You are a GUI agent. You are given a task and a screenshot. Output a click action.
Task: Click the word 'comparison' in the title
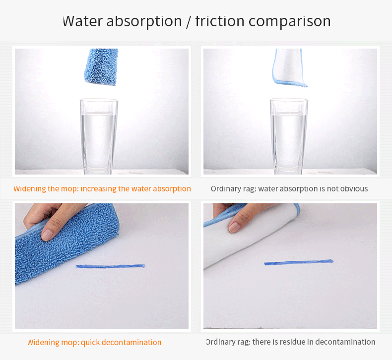289,22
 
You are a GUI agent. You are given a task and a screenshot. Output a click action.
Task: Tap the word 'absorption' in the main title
144,22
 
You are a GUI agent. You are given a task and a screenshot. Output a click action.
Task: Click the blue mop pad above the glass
101,67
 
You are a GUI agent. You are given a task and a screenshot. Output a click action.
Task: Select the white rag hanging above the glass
289,67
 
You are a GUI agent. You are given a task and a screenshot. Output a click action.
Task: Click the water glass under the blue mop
99,136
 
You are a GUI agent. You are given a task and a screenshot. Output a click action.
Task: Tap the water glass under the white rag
289,136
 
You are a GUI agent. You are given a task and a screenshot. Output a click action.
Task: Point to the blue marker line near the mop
110,266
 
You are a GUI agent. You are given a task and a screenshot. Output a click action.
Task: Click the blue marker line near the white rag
299,262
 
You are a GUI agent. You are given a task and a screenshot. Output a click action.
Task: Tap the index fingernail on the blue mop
47,235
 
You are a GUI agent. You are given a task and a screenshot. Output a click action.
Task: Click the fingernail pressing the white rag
234,227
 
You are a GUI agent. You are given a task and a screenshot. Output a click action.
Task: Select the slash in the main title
189,22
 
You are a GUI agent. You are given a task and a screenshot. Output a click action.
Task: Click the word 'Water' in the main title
82,21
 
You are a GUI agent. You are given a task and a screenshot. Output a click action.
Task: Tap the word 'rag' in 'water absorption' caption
249,189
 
